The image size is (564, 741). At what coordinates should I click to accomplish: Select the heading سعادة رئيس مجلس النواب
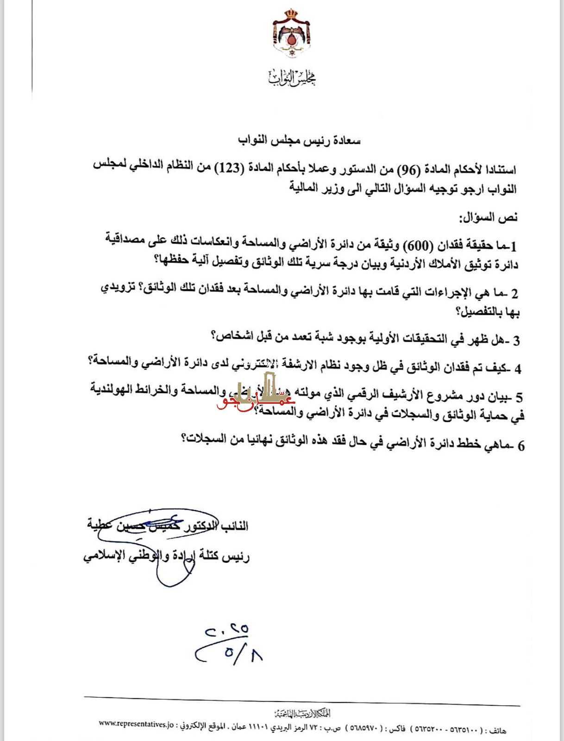click(x=299, y=140)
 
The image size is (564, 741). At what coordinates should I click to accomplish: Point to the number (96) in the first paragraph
click(x=409, y=170)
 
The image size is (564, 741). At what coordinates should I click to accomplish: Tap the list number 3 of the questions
click(x=516, y=341)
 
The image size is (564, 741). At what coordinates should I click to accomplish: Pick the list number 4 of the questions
click(x=518, y=369)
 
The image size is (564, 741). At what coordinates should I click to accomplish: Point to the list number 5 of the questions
click(x=519, y=397)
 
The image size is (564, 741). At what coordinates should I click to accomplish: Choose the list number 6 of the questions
click(x=521, y=446)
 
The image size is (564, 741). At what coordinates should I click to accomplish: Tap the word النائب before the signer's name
click(x=235, y=527)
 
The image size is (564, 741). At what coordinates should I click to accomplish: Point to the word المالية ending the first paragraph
click(x=304, y=188)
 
